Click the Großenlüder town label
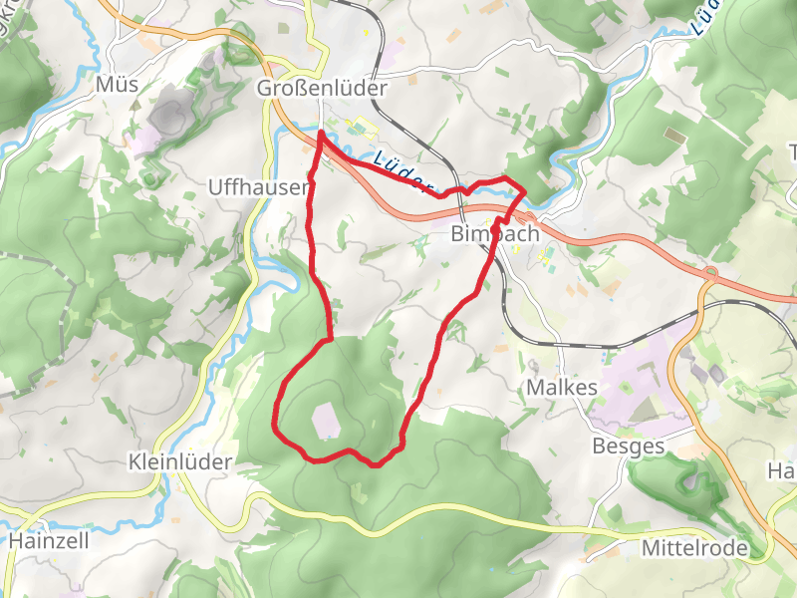coord(321,88)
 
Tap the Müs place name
coord(117,86)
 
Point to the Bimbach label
coord(494,234)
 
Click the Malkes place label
coord(564,388)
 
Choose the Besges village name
coord(628,446)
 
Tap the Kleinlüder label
coord(180,461)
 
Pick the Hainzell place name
coord(50,541)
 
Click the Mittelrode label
coord(693,547)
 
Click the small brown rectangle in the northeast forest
coord(674,135)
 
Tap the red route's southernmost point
coord(376,464)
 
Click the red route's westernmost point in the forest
coord(274,426)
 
